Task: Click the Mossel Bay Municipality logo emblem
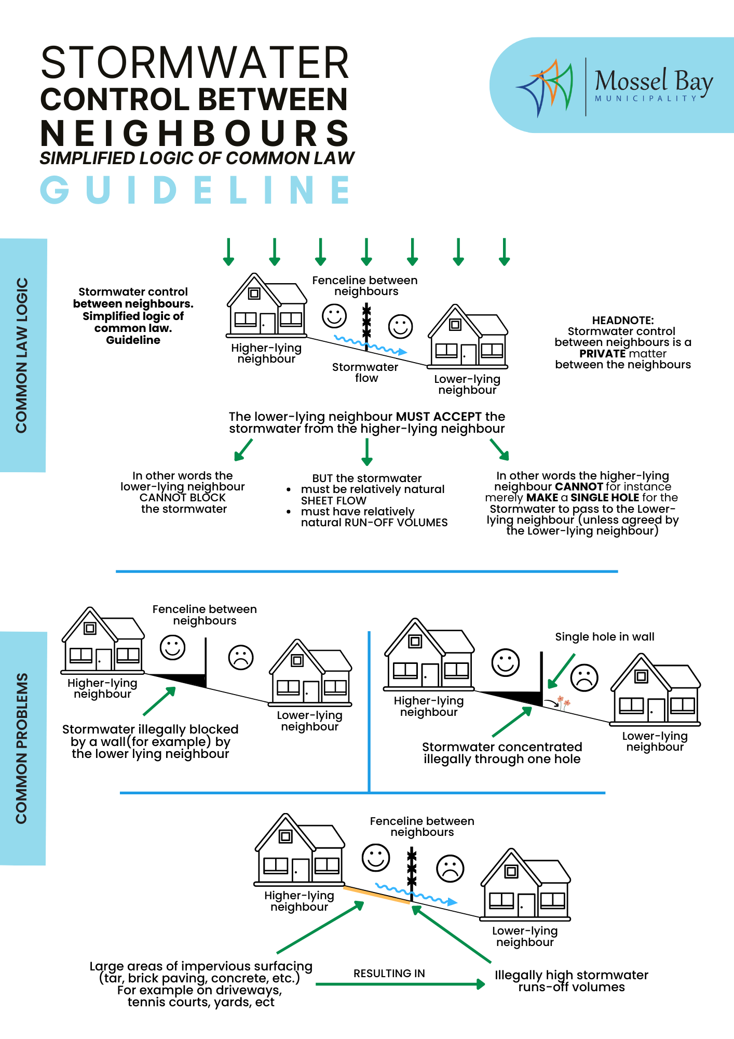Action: pos(545,87)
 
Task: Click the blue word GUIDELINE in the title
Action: pos(196,190)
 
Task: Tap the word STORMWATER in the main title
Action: pos(195,62)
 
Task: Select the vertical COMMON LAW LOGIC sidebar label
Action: pos(21,355)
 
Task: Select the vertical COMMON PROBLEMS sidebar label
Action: pos(21,748)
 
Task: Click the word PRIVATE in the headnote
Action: pos(602,354)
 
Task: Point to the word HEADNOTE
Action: pos(623,321)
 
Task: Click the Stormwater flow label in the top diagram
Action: pos(365,372)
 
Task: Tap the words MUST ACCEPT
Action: pos(439,417)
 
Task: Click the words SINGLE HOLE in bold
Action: pos(605,498)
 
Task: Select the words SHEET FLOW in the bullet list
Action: pos(334,501)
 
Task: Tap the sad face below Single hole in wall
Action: pos(585,677)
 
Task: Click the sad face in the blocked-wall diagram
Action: pos(241,658)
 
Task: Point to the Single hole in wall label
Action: pos(605,637)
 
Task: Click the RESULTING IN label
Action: pos(389,974)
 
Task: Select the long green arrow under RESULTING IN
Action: pos(400,984)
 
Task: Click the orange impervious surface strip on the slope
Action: pos(377,895)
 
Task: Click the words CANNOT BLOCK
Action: pos(183,498)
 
